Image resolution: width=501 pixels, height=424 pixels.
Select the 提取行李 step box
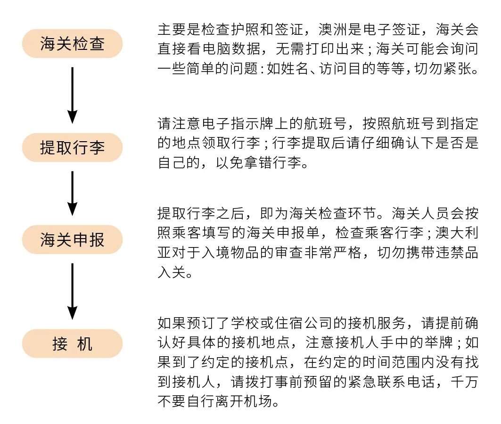click(72, 147)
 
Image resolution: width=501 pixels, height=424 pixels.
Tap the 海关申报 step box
click(72, 240)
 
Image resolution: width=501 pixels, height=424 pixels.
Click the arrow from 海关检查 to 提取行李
click(72, 94)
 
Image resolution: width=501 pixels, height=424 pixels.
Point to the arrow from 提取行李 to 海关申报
click(72, 192)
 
